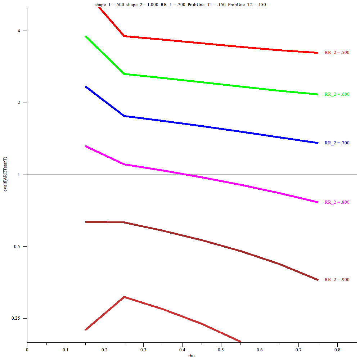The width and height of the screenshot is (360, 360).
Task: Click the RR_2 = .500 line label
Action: click(x=337, y=53)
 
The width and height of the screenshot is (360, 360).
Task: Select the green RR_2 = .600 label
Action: click(x=337, y=94)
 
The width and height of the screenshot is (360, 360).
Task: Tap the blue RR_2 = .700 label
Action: click(x=337, y=143)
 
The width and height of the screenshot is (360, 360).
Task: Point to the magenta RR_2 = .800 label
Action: click(x=337, y=202)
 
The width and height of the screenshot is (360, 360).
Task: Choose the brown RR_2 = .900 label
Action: click(x=337, y=280)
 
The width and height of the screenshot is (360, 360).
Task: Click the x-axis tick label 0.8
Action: click(x=337, y=349)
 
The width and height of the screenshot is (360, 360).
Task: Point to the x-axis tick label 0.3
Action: click(x=143, y=349)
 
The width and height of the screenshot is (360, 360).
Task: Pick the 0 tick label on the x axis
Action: click(x=27, y=349)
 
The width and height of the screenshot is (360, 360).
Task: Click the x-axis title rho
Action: click(x=192, y=356)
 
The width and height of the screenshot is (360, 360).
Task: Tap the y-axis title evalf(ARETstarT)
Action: click(x=5, y=174)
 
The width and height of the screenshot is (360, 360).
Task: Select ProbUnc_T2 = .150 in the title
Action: click(x=247, y=5)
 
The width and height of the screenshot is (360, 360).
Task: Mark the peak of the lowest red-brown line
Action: click(x=124, y=297)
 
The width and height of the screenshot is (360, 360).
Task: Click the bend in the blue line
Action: click(x=124, y=116)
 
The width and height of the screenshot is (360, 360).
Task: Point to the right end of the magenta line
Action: click(x=318, y=202)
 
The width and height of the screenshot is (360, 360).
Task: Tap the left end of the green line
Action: click(x=86, y=36)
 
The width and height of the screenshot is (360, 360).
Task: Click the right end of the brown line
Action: click(x=318, y=280)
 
